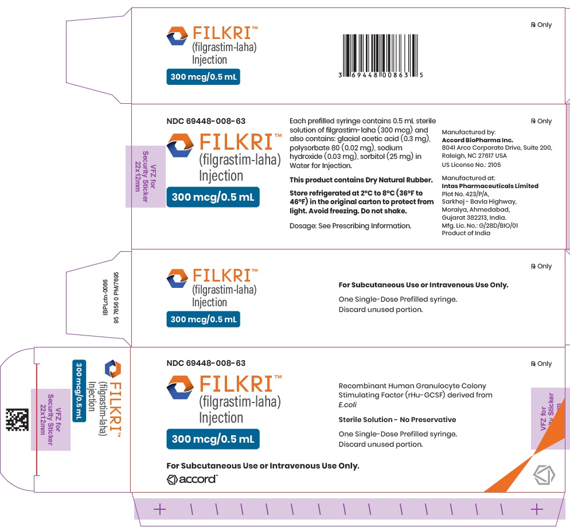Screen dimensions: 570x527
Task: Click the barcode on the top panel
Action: coord(381,56)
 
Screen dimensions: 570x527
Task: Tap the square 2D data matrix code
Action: coord(17,420)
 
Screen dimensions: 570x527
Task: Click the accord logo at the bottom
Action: coord(192,479)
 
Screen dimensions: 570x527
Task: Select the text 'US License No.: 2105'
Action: coord(471,165)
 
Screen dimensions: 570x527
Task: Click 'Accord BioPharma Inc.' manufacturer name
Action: coord(477,140)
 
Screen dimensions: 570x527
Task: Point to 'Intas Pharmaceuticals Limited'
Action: coord(490,186)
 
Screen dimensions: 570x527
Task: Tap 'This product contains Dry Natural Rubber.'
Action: coord(361,180)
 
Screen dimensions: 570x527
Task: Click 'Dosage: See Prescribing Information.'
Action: coord(350,226)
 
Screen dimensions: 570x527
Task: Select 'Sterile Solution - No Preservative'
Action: coord(397,419)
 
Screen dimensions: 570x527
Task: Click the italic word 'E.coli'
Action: coord(348,404)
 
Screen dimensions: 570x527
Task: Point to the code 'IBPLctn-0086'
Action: coord(106,297)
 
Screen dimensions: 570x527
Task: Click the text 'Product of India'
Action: coord(466,233)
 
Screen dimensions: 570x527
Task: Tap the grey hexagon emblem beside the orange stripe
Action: coord(544,475)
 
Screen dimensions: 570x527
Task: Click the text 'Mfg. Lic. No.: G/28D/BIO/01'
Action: coord(480,225)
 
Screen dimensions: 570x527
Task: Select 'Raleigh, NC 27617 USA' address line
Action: coord(474,155)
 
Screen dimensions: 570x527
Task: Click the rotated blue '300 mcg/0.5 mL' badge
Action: coord(79,391)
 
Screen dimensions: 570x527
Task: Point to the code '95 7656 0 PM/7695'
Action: coord(116,298)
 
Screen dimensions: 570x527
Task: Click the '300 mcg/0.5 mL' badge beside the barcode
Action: coord(203,77)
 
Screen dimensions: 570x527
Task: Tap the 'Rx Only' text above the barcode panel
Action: coord(541,25)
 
